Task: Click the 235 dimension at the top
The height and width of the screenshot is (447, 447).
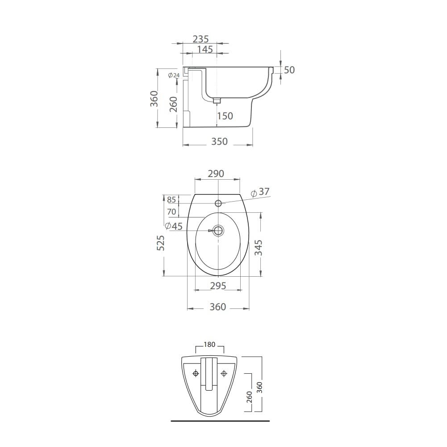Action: [201, 39]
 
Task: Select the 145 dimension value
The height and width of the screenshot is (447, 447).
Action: [205, 49]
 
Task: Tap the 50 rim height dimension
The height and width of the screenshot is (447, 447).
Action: [289, 70]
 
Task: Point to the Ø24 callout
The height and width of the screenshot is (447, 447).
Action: [174, 76]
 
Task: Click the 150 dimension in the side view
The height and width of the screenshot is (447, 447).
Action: [225, 116]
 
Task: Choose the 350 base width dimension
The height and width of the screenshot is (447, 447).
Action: [219, 141]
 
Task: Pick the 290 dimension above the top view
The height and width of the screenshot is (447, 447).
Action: [216, 173]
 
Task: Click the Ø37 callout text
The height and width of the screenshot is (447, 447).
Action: [260, 192]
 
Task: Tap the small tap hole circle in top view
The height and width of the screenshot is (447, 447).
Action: [218, 203]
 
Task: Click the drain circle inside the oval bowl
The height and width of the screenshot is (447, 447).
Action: [218, 230]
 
